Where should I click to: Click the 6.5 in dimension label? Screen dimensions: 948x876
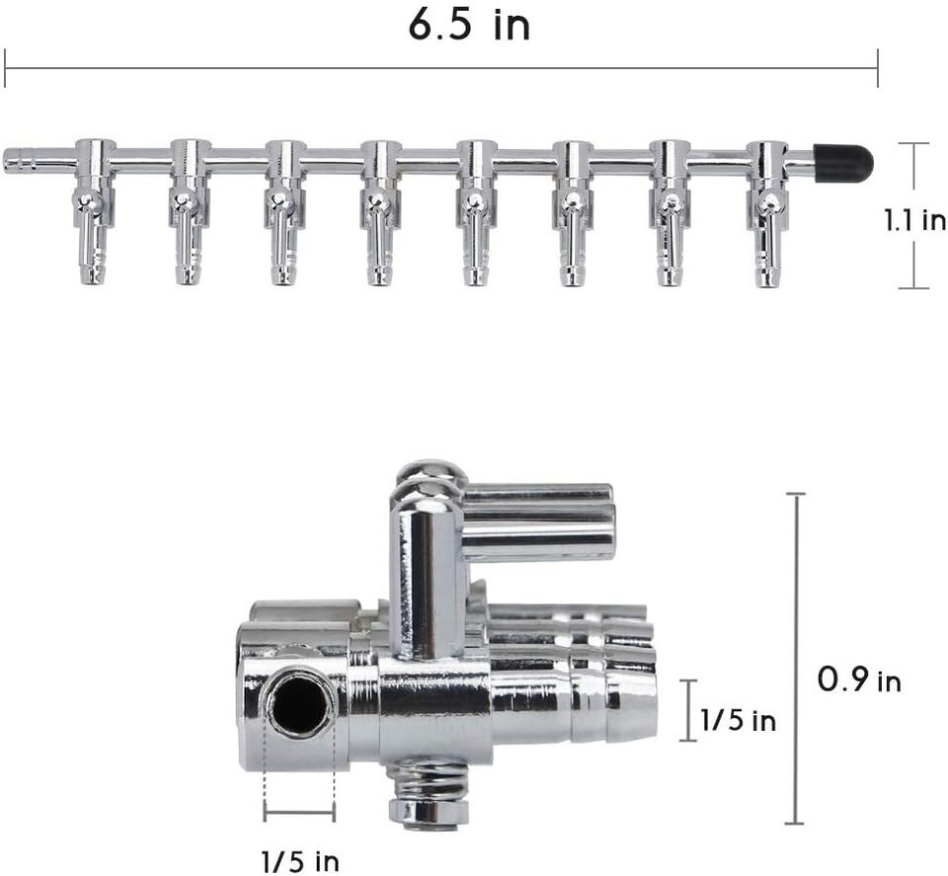tap(469, 26)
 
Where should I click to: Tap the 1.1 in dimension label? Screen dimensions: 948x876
tap(915, 220)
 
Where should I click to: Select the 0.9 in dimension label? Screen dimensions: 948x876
tap(859, 679)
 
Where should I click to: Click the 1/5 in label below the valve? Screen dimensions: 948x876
tap(300, 860)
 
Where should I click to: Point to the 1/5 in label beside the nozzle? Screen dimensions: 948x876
tap(739, 721)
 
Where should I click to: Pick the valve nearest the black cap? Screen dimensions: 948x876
tap(766, 212)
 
